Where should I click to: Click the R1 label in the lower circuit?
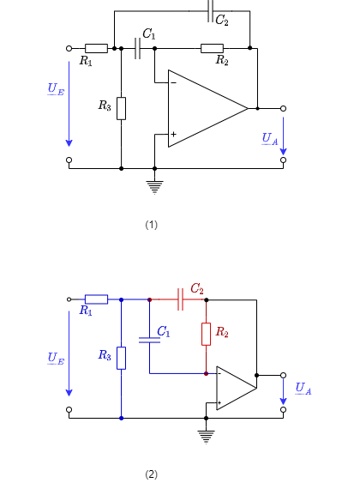point(86,311)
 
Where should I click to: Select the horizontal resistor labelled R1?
point(96,299)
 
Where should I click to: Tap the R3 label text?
point(105,355)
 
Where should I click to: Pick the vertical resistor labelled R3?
point(121,358)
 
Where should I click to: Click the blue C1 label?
point(163,332)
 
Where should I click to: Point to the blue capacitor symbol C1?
point(149,340)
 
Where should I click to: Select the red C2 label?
point(197,289)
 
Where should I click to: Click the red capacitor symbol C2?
point(180,299)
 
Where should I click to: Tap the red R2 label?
point(222,332)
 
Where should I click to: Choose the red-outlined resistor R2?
point(206,334)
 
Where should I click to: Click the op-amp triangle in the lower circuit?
point(234,389)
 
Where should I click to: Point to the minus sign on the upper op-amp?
point(173,83)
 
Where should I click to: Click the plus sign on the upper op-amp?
point(173,134)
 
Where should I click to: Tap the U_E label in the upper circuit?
point(56,89)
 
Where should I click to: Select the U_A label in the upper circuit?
point(270,139)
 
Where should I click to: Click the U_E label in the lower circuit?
point(56,359)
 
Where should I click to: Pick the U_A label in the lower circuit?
point(303,389)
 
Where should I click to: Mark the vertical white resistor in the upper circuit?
point(121,108)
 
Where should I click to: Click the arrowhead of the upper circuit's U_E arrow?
point(69,143)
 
